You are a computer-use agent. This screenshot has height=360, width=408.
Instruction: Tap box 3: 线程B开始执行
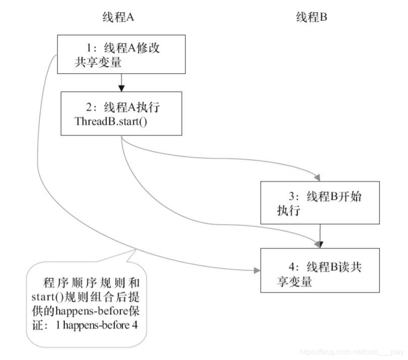[321, 203]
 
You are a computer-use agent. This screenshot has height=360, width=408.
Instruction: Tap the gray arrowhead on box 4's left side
[257, 270]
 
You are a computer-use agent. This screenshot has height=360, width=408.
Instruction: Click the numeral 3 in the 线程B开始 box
[293, 197]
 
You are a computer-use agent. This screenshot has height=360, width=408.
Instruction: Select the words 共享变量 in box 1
[98, 62]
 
